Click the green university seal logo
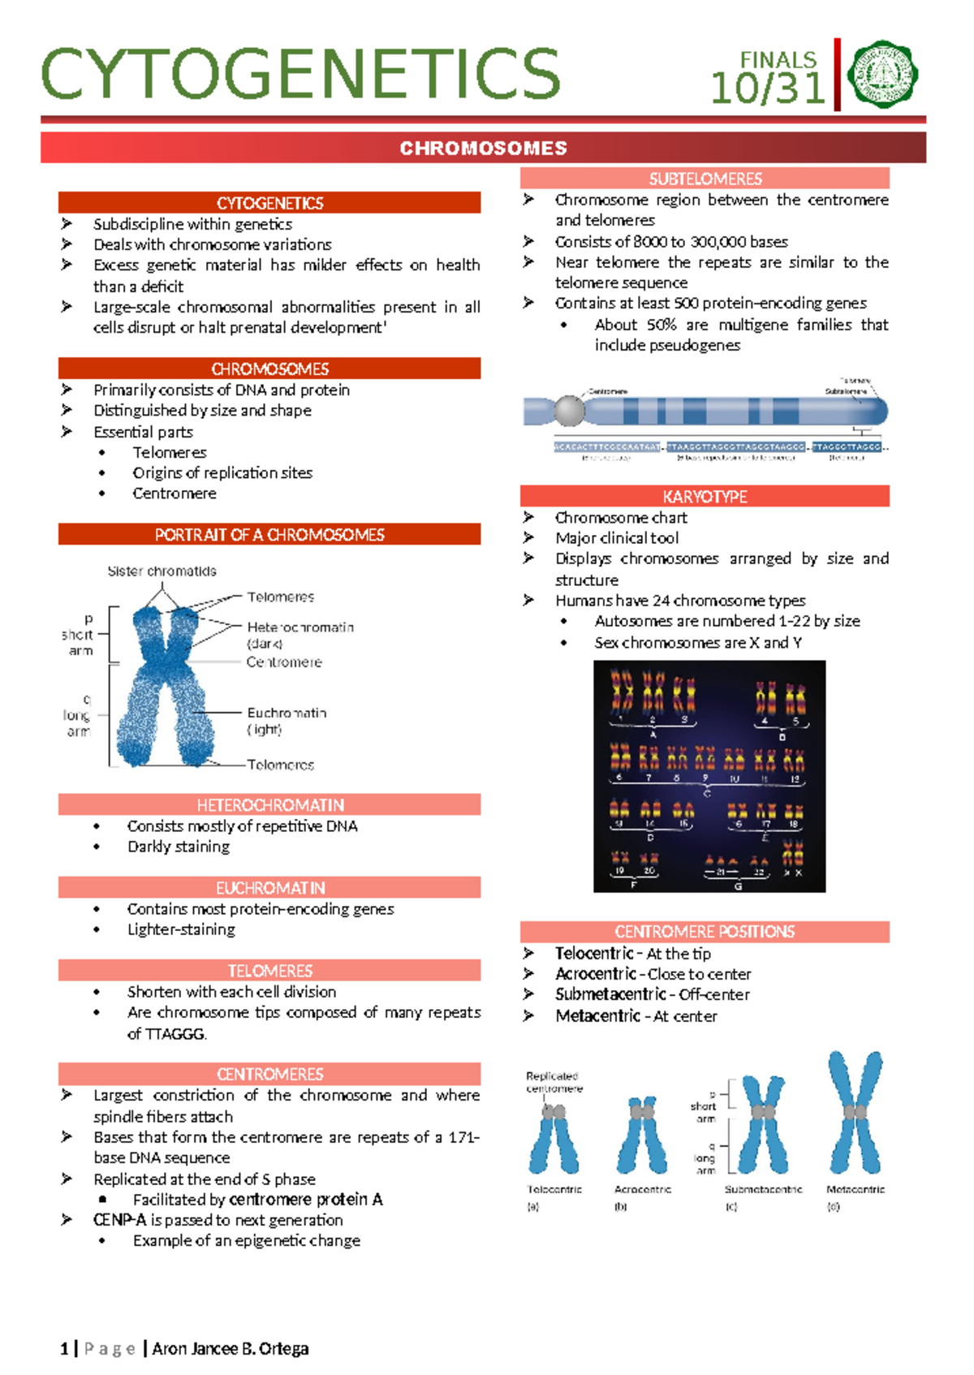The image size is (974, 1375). pos(882,75)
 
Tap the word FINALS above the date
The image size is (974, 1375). pos(778,60)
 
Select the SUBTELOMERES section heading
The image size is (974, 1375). pos(705,179)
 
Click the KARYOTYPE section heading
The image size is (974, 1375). pos(705,496)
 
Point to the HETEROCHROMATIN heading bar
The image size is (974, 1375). pos(269,804)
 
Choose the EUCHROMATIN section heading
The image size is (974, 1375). pos(269,887)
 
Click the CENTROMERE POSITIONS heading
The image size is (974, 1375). pos(705,932)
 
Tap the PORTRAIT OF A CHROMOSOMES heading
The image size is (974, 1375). pos(269,534)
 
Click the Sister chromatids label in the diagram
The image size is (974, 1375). pos(162,571)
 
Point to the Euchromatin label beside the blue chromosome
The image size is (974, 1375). pos(287,713)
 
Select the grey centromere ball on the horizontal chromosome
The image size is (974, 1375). pos(569,411)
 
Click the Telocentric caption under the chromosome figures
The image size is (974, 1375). pos(554,1189)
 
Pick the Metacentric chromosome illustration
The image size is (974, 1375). pos(855,1112)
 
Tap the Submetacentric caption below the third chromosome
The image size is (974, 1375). pos(763,1189)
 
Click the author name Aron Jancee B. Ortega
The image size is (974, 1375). pos(231,1349)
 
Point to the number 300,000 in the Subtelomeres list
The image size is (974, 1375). pos(700,242)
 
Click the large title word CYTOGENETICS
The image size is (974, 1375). pos(300,75)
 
